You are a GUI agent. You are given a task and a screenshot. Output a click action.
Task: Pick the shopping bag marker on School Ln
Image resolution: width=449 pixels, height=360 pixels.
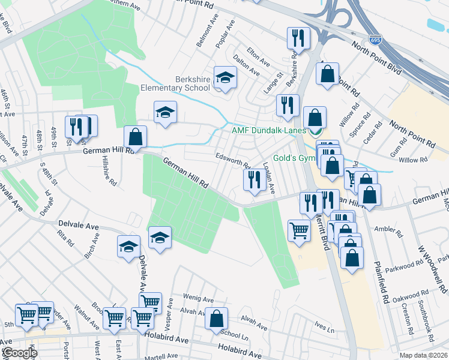pos(216,319)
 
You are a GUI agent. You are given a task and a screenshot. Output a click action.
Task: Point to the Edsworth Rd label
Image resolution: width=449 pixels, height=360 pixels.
pos(232,160)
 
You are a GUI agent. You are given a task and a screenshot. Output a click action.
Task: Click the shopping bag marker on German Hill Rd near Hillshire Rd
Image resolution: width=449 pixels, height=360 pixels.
pos(136,138)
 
